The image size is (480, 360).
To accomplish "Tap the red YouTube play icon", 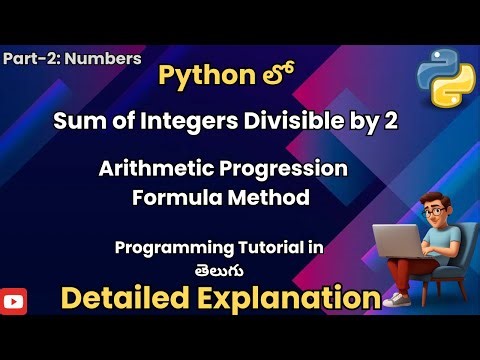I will [x=14, y=298].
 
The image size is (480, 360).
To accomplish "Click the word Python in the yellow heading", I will [x=201, y=78].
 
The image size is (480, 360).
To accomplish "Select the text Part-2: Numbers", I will [x=71, y=58].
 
